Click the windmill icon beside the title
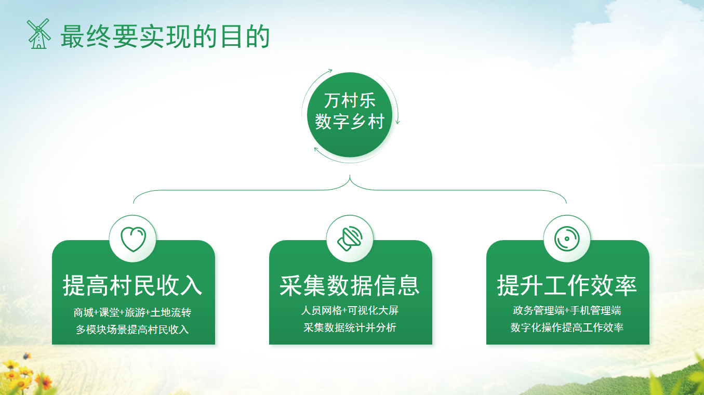tap(38, 34)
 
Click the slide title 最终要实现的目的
tap(165, 36)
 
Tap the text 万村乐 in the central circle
tap(350, 100)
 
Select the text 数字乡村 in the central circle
tap(350, 122)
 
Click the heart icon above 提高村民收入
tap(133, 239)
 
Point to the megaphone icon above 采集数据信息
tap(350, 239)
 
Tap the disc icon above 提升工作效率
tap(567, 239)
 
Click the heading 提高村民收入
tap(133, 285)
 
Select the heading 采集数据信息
tap(350, 285)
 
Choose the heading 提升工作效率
tap(567, 285)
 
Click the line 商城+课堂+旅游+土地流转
tap(132, 313)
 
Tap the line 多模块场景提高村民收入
tap(132, 330)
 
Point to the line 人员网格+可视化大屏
tap(350, 311)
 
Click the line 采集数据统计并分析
tap(350, 327)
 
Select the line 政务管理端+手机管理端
tap(567, 311)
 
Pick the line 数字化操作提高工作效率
tap(567, 327)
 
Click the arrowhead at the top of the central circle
tap(330, 70)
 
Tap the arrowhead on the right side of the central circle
tap(398, 122)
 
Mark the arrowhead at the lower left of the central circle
tap(316, 149)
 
